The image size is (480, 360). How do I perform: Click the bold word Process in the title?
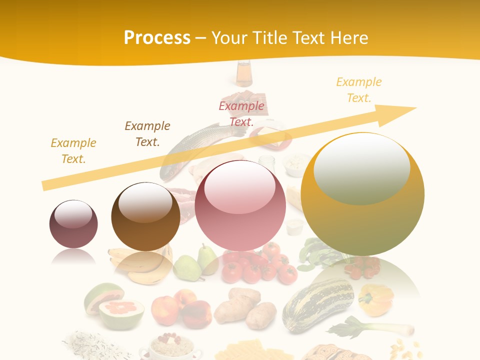(x=157, y=38)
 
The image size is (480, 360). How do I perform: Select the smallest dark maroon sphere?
(x=73, y=224)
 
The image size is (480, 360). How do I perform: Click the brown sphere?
(x=145, y=217)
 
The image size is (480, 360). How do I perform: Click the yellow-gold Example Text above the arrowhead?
(x=358, y=90)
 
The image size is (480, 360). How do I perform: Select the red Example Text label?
(x=241, y=113)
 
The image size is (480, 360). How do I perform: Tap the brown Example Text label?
(x=147, y=133)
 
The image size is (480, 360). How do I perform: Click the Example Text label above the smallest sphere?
(x=73, y=150)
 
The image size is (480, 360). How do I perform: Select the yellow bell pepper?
(x=376, y=299)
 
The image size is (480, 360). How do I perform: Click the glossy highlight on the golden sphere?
(x=361, y=170)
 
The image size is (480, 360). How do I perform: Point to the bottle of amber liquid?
(x=244, y=74)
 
